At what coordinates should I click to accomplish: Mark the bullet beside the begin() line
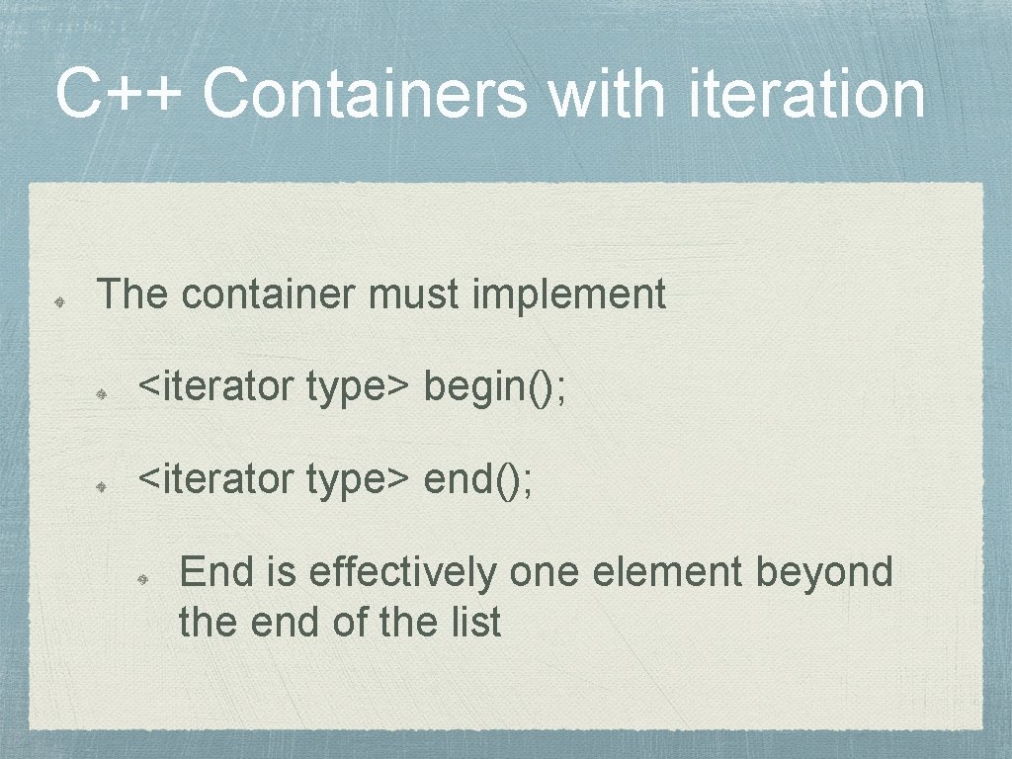102,392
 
